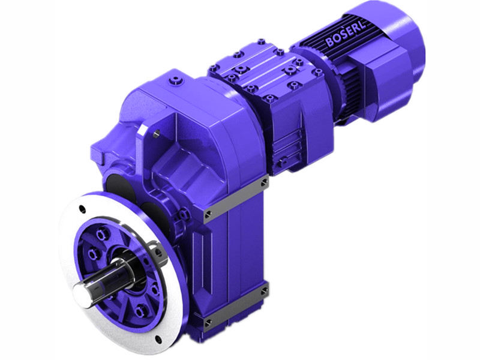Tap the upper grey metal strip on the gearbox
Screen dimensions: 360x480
[235, 198]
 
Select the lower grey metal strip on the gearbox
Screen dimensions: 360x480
[235, 307]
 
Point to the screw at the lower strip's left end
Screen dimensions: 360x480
[208, 323]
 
